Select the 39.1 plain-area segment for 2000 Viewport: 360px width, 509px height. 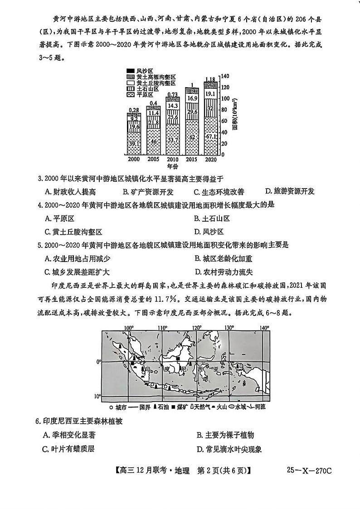134,144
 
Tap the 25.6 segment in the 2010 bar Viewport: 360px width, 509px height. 172,116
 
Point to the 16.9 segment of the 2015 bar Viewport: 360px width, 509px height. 192,98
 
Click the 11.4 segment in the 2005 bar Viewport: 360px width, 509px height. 153,113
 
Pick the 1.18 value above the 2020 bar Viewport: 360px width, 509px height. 210,79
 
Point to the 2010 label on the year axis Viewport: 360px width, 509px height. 172,160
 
